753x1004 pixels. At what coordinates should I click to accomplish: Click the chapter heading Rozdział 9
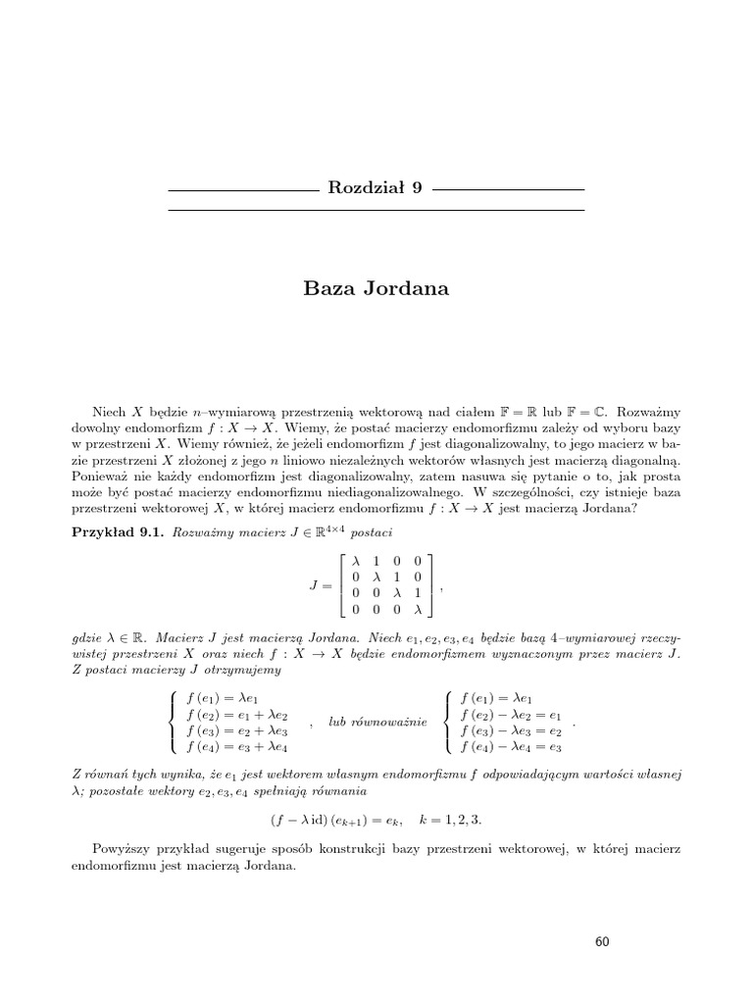pyautogui.click(x=376, y=188)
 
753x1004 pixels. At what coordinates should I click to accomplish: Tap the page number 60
pyautogui.click(x=602, y=942)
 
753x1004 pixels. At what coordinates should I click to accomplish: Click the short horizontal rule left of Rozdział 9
pyautogui.click(x=237, y=188)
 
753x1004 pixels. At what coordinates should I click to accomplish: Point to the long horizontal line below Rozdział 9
pyautogui.click(x=376, y=210)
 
